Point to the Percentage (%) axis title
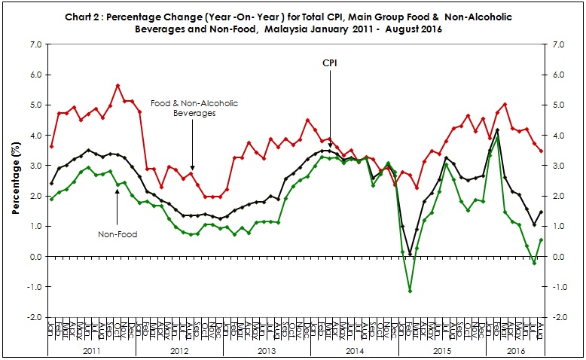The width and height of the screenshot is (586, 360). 15,181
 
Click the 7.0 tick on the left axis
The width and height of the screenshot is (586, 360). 35,44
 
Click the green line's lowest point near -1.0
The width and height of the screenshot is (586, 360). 410,291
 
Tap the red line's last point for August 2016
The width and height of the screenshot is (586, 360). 541,151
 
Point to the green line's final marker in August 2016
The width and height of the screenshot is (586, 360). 541,240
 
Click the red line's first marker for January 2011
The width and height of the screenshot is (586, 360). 51,146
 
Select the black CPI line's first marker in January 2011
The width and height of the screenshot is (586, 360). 51,183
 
